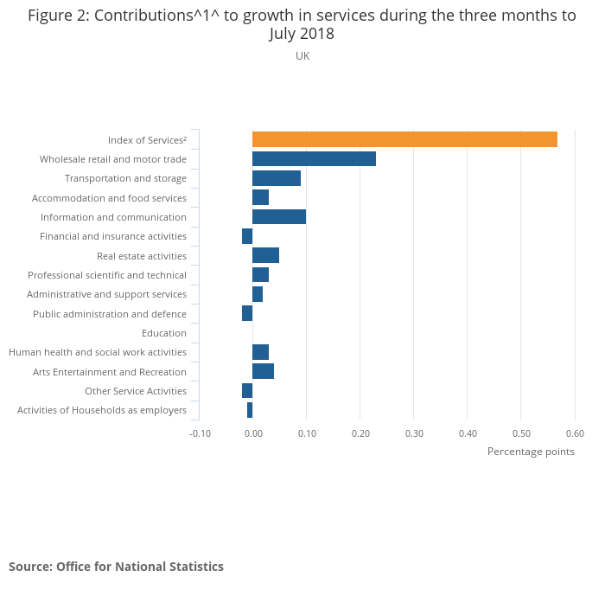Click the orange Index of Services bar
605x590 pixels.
point(404,139)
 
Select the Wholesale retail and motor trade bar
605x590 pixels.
point(314,158)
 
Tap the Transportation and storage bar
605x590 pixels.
point(277,178)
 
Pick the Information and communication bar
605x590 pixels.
point(279,216)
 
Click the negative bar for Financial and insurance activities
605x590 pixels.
point(247,236)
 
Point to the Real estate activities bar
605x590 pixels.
point(265,255)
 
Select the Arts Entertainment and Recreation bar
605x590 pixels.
point(263,371)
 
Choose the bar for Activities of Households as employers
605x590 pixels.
point(250,410)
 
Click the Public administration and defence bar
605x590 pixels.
point(247,313)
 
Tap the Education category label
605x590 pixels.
point(163,333)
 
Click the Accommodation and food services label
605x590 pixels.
point(109,198)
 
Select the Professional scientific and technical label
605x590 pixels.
point(107,275)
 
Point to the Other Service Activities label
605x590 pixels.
point(136,391)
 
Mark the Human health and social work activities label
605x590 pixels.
point(98,352)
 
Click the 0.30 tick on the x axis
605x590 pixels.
point(413,433)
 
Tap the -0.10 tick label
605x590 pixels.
point(200,433)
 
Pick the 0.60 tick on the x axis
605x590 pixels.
point(574,433)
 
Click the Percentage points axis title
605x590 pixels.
point(531,452)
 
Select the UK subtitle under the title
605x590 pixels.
point(302,56)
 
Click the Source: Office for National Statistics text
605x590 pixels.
point(116,567)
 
